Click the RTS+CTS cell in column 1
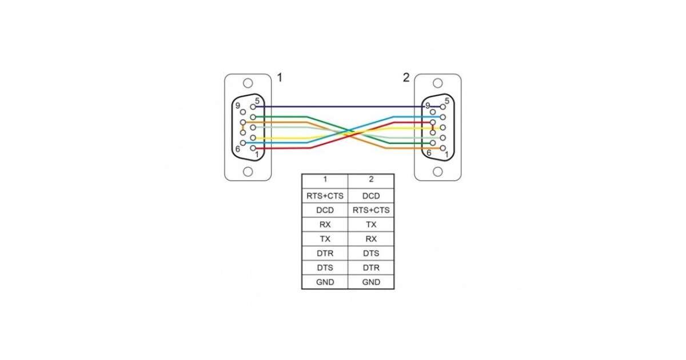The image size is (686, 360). pos(325,196)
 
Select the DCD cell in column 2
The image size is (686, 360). pos(371,196)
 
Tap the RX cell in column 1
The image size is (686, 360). pos(325,225)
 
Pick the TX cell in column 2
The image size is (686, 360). pos(371,225)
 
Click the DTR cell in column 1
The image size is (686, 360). pos(325,253)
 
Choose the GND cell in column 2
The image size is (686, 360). pos(371,282)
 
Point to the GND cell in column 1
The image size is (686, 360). pos(325,282)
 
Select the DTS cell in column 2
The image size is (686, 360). pos(371,253)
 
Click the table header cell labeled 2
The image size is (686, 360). pos(371,179)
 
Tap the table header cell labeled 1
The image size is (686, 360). pos(325,179)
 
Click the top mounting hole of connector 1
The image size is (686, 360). pos(248,83)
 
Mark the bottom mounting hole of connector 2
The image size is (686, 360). pos(438,171)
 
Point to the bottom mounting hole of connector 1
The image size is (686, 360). pos(248,171)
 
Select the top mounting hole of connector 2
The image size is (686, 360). pos(438,83)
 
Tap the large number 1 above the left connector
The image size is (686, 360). pos(280,77)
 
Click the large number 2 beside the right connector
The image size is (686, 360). pos(406,77)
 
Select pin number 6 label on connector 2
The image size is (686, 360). pos(429,153)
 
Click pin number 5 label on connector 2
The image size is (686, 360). pos(446,101)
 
